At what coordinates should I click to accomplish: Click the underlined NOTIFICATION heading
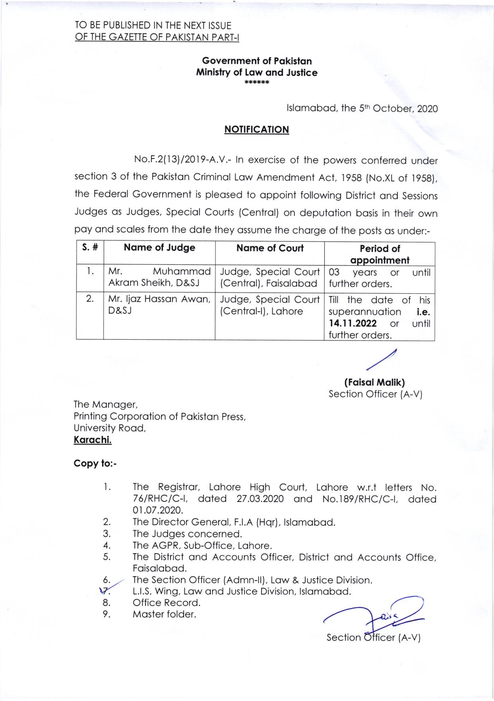click(x=256, y=130)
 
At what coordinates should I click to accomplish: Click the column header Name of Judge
click(x=159, y=248)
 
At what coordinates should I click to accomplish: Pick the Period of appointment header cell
click(x=380, y=254)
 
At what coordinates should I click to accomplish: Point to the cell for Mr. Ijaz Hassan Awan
click(x=159, y=305)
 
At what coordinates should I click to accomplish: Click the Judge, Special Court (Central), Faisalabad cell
click(x=269, y=277)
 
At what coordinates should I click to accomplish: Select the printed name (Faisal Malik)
click(x=374, y=382)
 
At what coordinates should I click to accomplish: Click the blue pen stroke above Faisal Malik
click(x=382, y=360)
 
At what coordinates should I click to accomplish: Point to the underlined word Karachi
click(x=93, y=440)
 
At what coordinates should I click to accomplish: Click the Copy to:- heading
click(x=95, y=463)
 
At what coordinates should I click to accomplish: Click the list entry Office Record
click(x=166, y=602)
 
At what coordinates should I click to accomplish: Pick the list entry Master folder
click(x=164, y=614)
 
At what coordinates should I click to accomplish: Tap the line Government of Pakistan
click(x=257, y=61)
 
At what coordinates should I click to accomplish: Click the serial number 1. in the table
click(x=90, y=272)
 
